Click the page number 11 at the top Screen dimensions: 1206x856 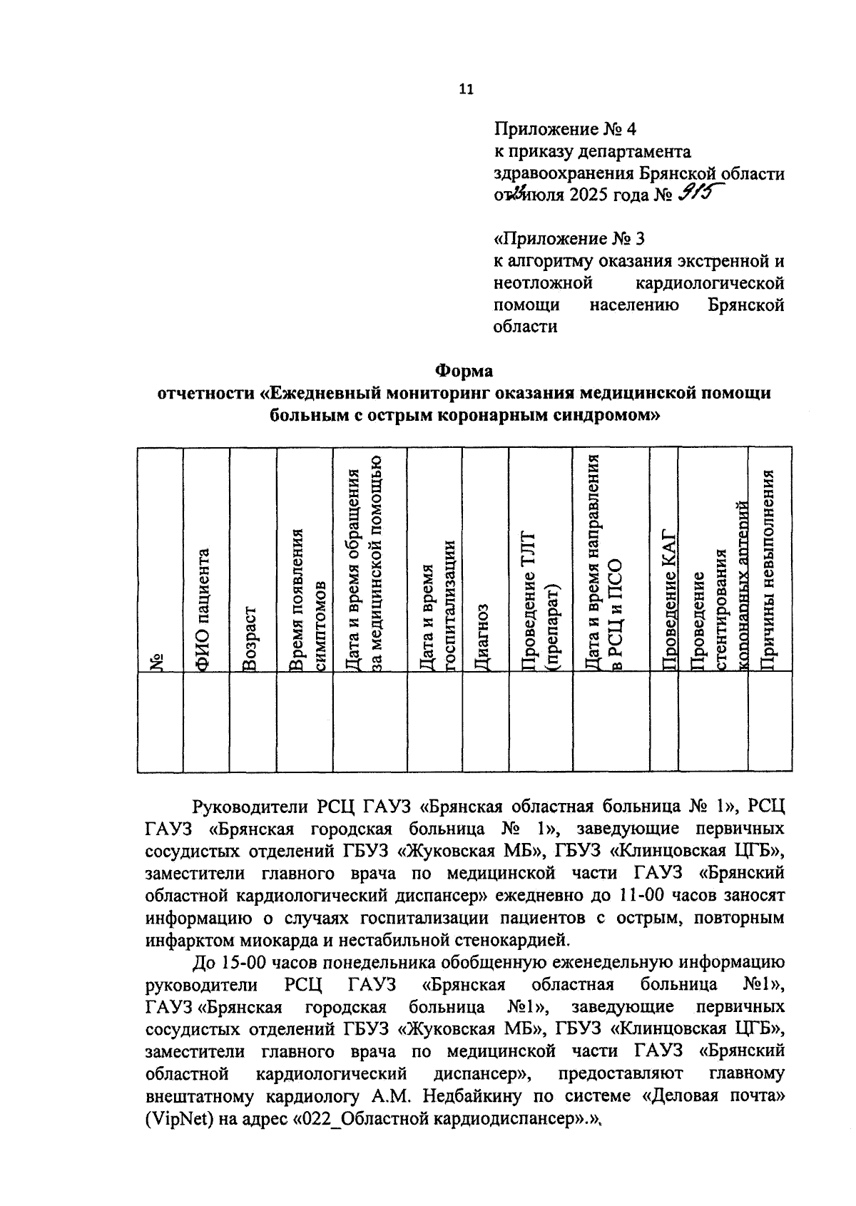coord(465,90)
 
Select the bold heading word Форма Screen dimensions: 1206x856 coord(464,371)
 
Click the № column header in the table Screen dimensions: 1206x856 coord(160,662)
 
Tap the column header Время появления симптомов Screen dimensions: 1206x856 coord(304,599)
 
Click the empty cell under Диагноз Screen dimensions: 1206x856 coord(485,721)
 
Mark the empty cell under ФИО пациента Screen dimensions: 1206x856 coord(205,721)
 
